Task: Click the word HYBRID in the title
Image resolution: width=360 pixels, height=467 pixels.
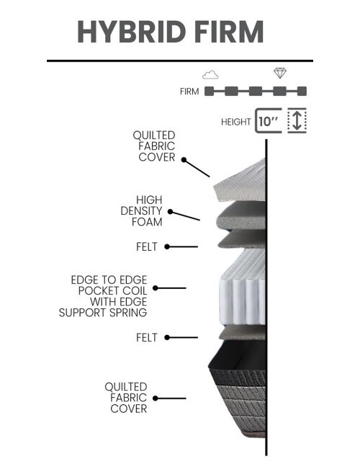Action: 132,32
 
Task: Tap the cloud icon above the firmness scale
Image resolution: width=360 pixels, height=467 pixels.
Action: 210,74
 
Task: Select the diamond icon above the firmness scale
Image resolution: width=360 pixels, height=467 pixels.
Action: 280,73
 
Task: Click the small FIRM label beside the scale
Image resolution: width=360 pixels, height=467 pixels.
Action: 189,92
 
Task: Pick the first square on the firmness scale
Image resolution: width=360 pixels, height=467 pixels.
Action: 209,91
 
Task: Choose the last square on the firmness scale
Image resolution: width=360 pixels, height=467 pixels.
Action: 302,91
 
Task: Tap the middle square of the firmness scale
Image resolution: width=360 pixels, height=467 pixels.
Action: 256,91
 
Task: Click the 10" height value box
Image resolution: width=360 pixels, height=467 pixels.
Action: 268,120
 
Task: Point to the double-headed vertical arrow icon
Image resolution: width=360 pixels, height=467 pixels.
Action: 297,120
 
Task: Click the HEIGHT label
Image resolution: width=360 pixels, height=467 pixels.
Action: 236,122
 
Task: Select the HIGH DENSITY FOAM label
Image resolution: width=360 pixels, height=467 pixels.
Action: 142,211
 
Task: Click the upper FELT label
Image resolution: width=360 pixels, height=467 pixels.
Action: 147,247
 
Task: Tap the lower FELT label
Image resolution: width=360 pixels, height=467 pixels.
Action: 147,338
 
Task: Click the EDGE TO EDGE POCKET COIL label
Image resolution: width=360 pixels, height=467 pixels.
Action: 103,296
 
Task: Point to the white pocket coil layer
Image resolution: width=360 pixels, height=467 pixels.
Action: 243,287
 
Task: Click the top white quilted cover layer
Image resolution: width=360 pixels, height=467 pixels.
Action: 240,181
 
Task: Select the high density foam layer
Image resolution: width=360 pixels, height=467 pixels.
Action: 240,215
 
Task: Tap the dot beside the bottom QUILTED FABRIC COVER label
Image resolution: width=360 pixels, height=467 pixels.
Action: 156,399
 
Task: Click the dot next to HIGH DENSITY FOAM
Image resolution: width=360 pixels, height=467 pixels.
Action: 170,212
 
